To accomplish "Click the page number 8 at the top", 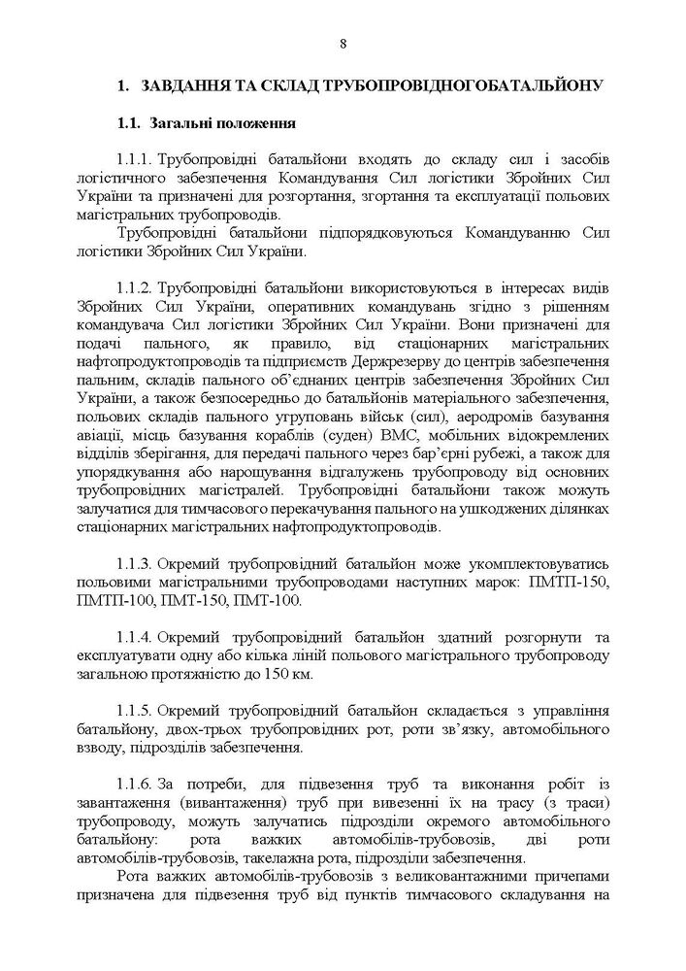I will [x=343, y=41].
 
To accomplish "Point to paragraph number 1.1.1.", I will [x=134, y=159].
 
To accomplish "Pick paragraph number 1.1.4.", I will [x=134, y=636].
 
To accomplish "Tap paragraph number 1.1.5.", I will [x=134, y=707].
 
